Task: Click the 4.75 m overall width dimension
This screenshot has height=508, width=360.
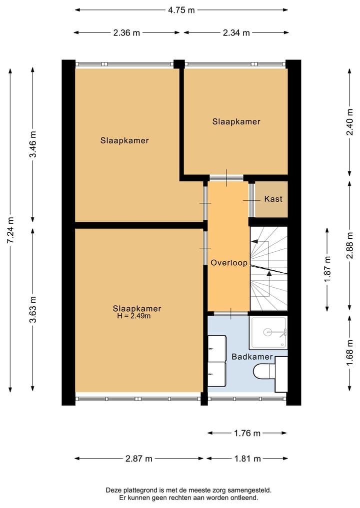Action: coord(181,10)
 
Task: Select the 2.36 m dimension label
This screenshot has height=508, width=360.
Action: coord(126,33)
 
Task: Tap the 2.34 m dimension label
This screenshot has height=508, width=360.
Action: coord(236,33)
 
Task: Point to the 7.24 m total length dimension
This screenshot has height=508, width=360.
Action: coord(10,230)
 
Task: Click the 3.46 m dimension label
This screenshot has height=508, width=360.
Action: coord(33,144)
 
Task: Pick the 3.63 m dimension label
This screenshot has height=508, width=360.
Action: coord(33,309)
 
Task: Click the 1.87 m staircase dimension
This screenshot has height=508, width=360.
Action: coord(327,269)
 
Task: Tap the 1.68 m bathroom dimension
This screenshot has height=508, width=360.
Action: coord(349,353)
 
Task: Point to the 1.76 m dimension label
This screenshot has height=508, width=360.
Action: coord(247,433)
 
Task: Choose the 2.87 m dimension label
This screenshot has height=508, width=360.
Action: coord(139,459)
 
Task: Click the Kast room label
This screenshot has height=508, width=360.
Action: coord(273,199)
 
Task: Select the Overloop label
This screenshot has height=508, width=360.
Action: coord(229,263)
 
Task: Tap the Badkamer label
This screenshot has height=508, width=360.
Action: coord(252,357)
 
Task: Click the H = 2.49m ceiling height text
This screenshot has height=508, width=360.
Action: coord(134,316)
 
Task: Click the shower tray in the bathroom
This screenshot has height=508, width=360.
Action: coord(268,333)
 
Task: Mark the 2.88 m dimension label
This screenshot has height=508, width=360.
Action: coord(349,245)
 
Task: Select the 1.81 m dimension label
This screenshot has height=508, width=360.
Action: coord(247,459)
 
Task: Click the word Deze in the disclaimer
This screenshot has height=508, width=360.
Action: coord(113,491)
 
